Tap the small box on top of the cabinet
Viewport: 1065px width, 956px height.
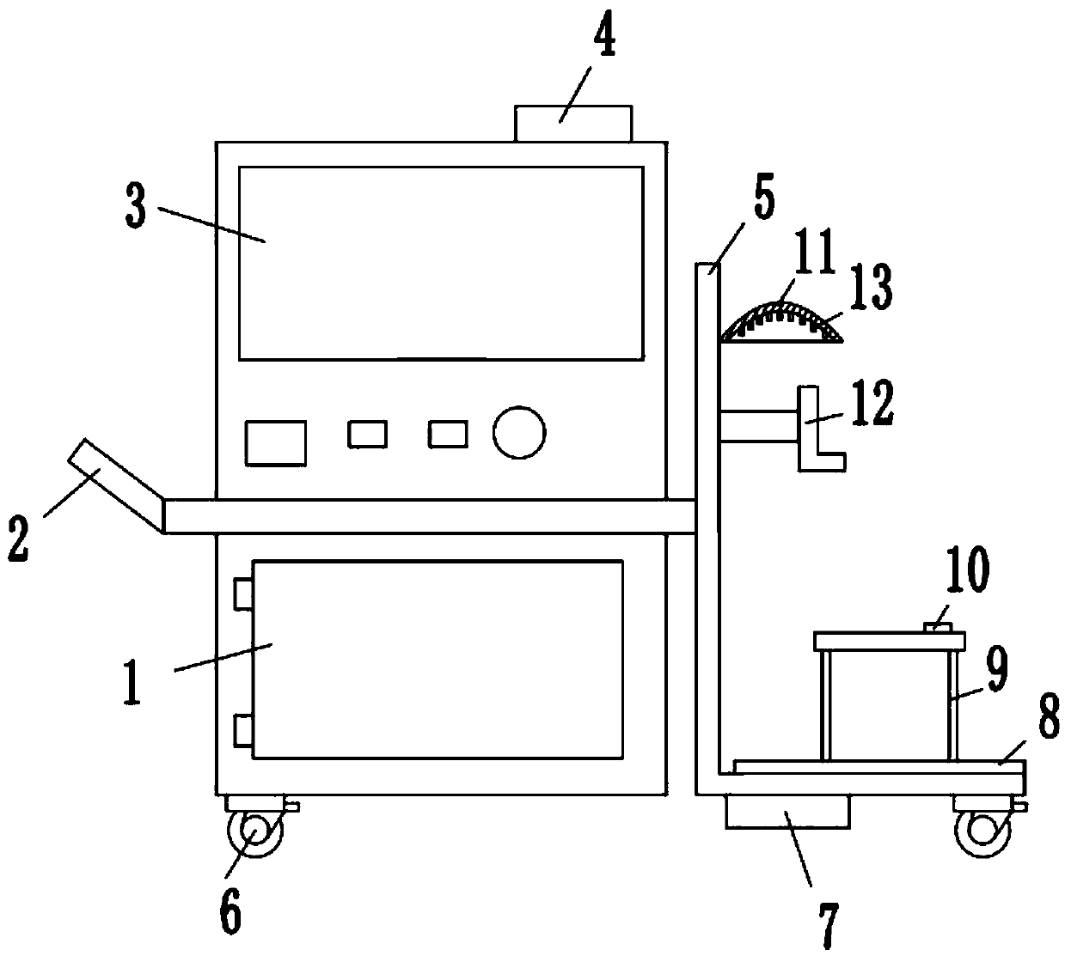click(x=572, y=123)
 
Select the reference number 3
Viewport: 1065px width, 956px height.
click(x=134, y=206)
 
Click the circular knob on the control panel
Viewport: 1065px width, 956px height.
click(x=519, y=433)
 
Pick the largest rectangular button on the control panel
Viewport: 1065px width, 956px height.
click(x=275, y=442)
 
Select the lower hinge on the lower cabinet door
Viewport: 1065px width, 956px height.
click(x=243, y=729)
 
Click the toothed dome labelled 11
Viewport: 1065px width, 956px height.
click(x=780, y=322)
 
